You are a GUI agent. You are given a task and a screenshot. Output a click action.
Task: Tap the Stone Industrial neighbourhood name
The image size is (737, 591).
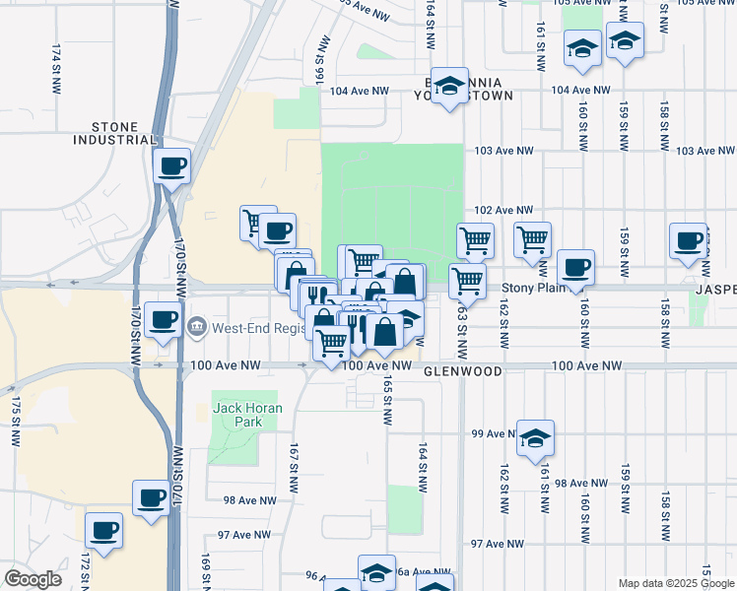114,133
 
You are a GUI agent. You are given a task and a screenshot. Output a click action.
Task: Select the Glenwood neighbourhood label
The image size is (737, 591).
463,372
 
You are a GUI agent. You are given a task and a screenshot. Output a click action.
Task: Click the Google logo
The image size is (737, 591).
33,578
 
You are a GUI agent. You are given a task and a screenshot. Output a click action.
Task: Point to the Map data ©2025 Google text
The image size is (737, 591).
675,583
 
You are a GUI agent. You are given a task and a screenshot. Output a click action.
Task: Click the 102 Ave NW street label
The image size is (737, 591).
502,210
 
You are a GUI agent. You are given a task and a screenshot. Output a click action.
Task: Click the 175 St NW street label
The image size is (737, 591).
16,422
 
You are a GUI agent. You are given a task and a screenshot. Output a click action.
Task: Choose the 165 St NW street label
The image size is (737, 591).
388,399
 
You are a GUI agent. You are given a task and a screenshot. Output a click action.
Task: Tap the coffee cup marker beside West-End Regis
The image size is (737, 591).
163,320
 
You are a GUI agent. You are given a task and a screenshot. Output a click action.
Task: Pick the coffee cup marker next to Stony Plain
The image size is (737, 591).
575,267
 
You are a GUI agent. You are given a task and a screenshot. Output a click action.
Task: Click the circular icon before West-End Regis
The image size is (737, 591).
197,324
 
